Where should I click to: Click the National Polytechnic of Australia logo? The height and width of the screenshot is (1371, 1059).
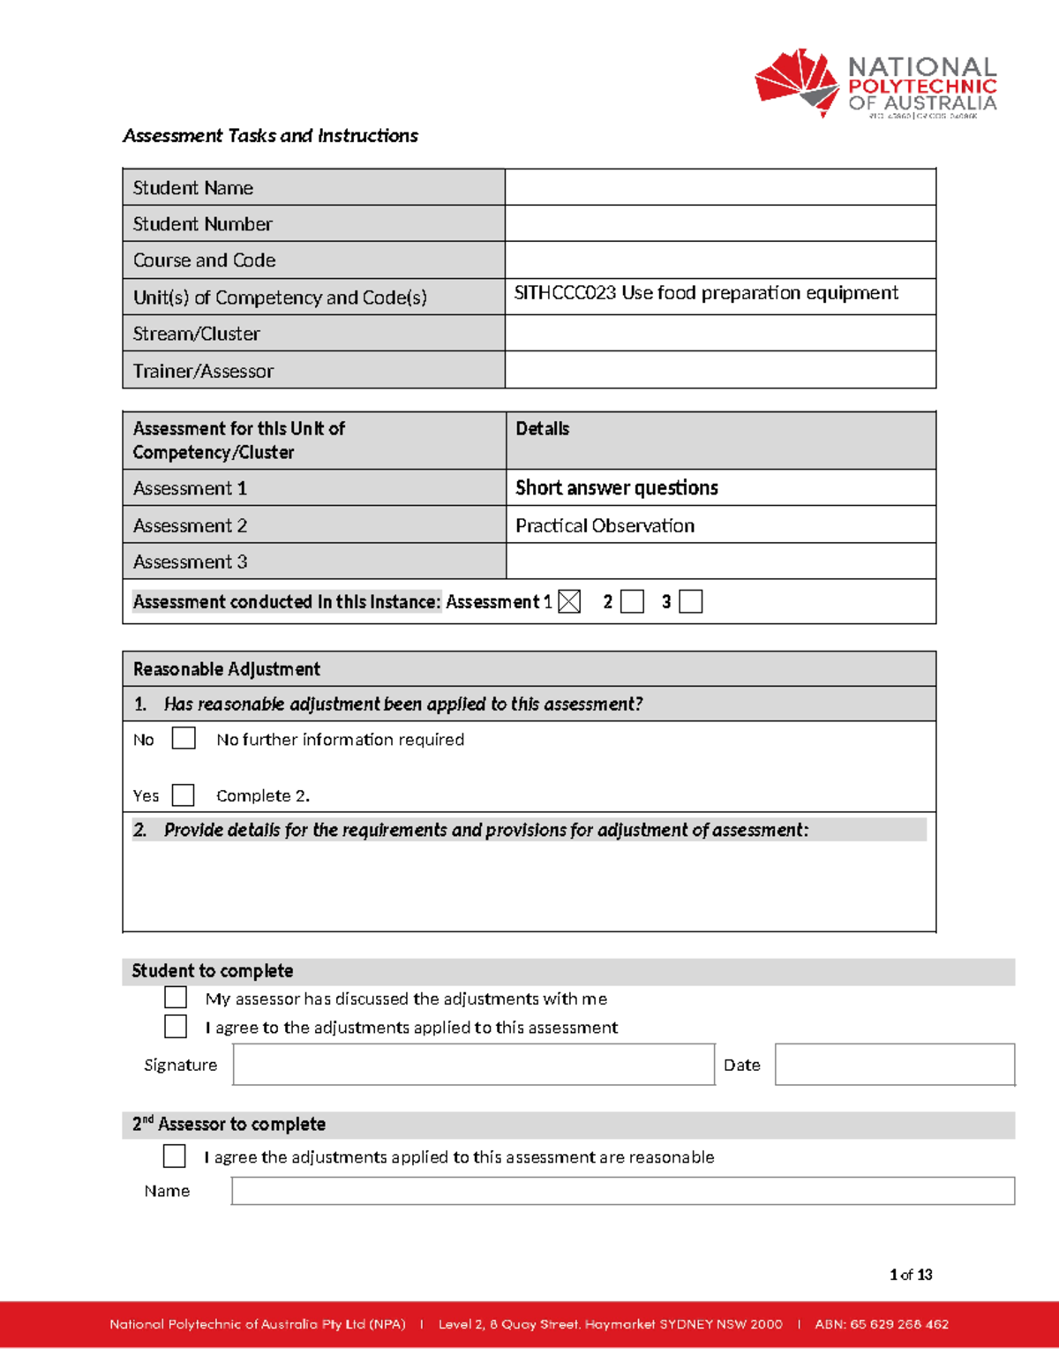click(x=875, y=84)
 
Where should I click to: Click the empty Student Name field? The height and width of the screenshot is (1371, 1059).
click(x=719, y=187)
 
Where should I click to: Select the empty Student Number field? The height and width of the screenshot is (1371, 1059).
click(x=719, y=223)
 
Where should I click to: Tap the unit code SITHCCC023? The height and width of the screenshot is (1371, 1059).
click(x=565, y=293)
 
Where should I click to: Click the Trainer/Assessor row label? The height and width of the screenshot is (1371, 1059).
click(x=203, y=371)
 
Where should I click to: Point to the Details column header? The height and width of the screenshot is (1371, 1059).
click(x=542, y=429)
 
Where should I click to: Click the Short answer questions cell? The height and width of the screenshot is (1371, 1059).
click(x=616, y=488)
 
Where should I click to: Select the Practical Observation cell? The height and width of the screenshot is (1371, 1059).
click(x=605, y=526)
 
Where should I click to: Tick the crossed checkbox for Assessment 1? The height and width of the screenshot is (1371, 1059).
click(x=569, y=602)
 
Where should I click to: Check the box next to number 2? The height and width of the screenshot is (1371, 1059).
click(x=632, y=602)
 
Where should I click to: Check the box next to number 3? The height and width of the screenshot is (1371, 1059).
click(x=690, y=602)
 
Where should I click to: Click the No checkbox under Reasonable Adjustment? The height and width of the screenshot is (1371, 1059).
click(x=184, y=738)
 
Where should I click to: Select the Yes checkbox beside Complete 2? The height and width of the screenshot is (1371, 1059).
click(x=184, y=795)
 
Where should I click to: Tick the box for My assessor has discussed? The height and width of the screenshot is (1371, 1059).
click(x=176, y=998)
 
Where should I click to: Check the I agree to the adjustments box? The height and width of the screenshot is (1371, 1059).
click(x=176, y=1026)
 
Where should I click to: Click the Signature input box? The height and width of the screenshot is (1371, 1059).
click(x=473, y=1065)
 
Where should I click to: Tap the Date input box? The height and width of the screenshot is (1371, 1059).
click(x=894, y=1065)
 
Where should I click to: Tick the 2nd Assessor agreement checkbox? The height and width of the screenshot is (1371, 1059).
click(x=175, y=1156)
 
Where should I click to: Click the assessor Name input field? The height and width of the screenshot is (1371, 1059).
click(x=622, y=1191)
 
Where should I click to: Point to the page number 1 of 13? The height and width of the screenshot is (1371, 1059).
click(x=911, y=1275)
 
